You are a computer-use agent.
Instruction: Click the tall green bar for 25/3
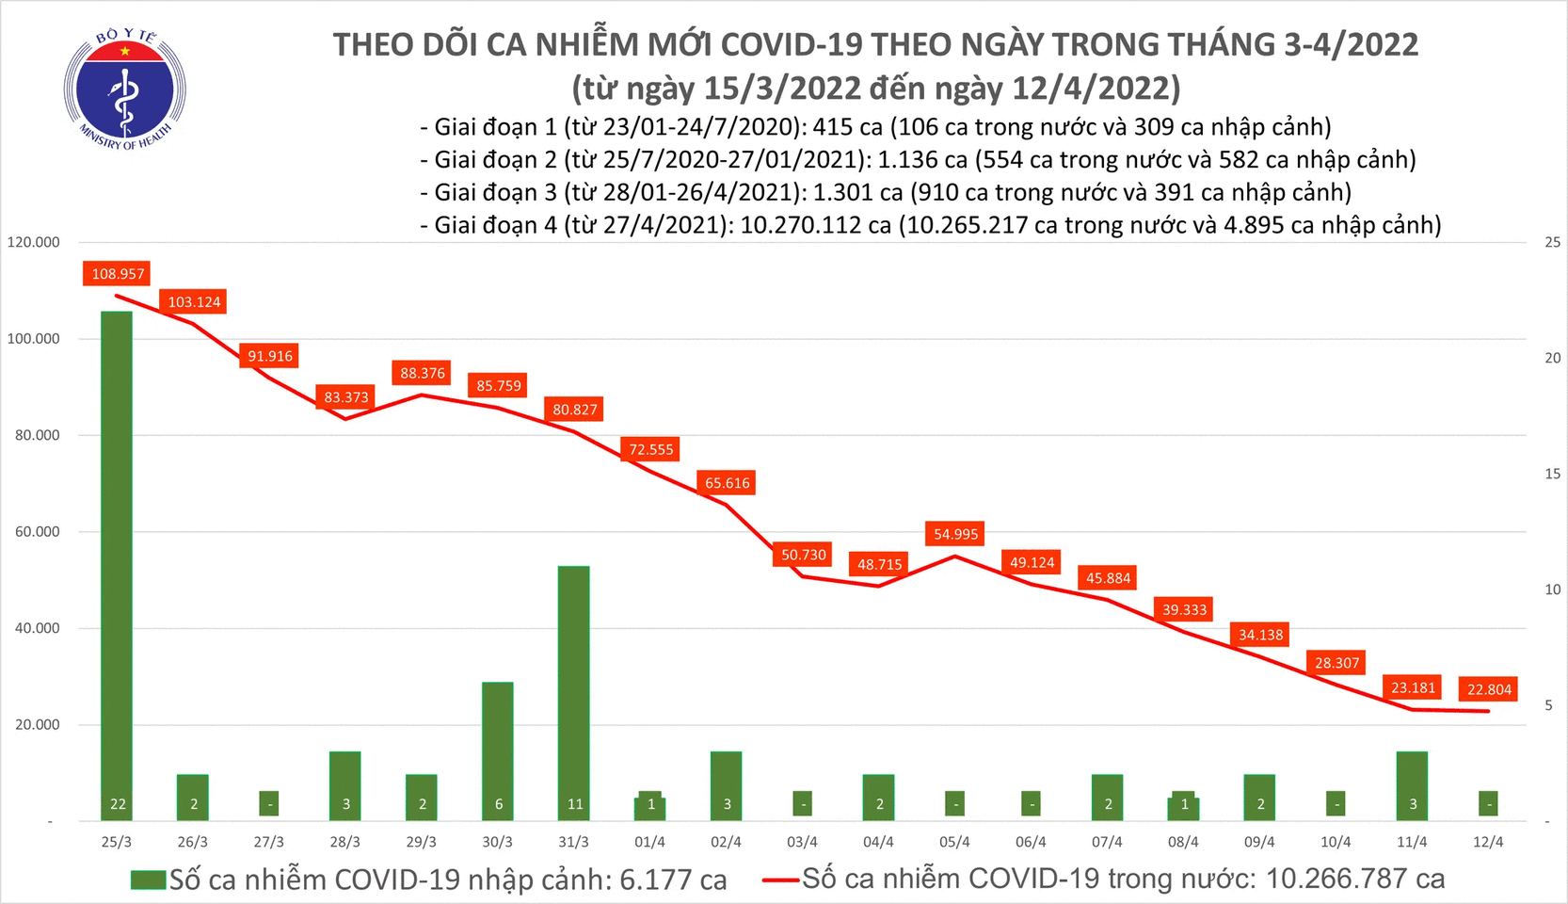(x=117, y=565)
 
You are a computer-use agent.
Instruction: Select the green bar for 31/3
(x=573, y=692)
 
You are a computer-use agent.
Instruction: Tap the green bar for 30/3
(x=497, y=751)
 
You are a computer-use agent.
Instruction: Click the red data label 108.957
(x=118, y=274)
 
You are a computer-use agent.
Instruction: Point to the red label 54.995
(x=955, y=534)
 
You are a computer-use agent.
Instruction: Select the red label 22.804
(x=1489, y=689)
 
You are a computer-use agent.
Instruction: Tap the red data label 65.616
(x=728, y=483)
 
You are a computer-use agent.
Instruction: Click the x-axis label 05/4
(x=954, y=842)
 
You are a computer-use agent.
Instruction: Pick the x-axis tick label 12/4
(x=1487, y=842)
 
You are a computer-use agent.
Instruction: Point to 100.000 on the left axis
(x=34, y=339)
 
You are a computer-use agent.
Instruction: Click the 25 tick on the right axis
(x=1552, y=242)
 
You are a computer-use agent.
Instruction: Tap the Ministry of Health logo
(x=124, y=89)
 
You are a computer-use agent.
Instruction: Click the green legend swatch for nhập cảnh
(x=148, y=880)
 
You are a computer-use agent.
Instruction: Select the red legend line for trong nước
(x=780, y=880)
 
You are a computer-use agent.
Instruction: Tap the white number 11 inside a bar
(x=575, y=804)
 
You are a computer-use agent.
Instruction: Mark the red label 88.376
(x=423, y=373)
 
